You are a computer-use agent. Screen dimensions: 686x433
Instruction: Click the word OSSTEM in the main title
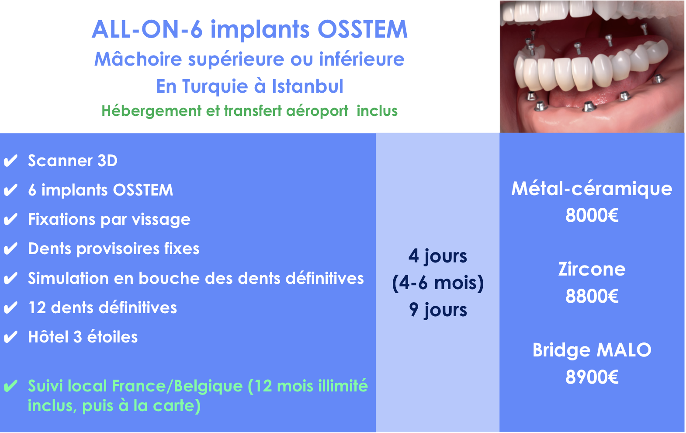click(x=363, y=29)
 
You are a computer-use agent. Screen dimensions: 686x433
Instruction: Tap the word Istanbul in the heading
click(x=308, y=86)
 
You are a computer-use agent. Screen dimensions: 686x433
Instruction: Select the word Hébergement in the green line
click(x=152, y=111)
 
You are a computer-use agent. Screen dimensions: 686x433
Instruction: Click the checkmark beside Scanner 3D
click(x=10, y=161)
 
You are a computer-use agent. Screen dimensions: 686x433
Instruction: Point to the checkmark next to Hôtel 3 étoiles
click(x=10, y=337)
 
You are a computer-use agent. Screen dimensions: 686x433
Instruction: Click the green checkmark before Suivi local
click(x=10, y=386)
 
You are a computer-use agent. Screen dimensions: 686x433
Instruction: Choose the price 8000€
click(x=592, y=215)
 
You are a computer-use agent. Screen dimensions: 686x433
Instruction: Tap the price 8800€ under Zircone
click(x=592, y=296)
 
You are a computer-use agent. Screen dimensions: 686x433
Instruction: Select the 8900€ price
click(x=592, y=377)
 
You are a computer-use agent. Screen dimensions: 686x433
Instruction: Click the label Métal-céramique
click(x=592, y=189)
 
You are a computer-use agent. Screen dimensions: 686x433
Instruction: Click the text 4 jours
click(x=438, y=256)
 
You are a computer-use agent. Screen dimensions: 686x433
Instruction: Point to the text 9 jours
click(x=438, y=310)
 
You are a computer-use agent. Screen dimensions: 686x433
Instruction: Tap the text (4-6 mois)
click(x=438, y=283)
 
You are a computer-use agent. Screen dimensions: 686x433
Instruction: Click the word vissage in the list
click(x=161, y=220)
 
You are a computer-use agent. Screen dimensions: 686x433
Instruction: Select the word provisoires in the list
click(x=118, y=249)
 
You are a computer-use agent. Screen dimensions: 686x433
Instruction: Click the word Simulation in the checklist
click(x=68, y=278)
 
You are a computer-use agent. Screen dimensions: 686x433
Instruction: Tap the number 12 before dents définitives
click(x=37, y=307)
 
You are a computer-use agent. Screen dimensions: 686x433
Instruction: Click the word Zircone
click(x=592, y=269)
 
